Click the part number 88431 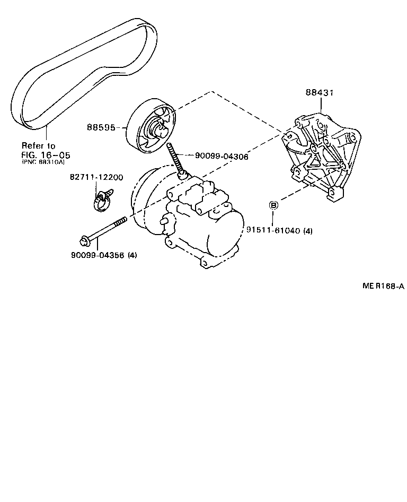pos(320,93)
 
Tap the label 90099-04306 pos(222,156)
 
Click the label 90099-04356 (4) pos(104,255)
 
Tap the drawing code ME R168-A pos(383,287)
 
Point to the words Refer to pos(38,145)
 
